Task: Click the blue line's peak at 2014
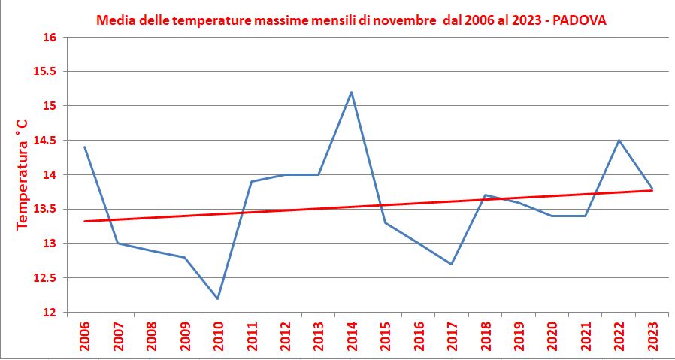(352, 92)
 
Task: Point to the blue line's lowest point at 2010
(218, 298)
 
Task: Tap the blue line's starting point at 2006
(84, 147)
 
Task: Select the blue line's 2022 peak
(619, 141)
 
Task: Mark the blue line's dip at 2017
(452, 264)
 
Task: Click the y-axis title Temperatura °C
(23, 174)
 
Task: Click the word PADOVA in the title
(581, 20)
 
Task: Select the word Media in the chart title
(114, 20)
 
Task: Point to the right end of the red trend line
(652, 190)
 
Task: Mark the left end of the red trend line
(84, 221)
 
